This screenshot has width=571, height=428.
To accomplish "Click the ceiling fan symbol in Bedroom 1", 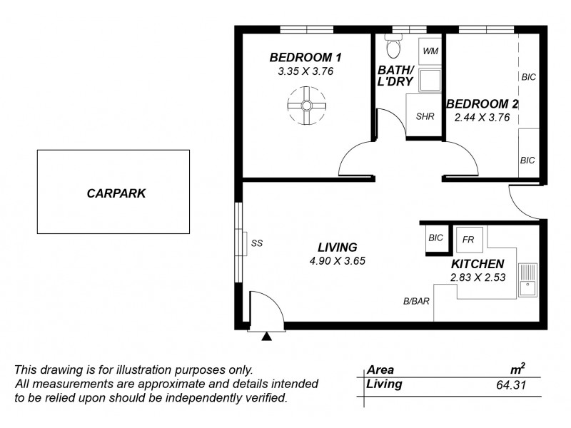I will (x=306, y=106).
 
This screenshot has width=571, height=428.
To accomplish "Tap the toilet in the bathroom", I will (x=393, y=48).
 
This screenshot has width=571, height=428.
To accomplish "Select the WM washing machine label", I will (x=430, y=51).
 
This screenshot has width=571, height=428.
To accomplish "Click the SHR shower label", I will (x=425, y=116).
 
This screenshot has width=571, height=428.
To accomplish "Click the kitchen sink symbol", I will (x=528, y=279).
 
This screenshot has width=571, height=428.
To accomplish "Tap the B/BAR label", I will (x=416, y=301).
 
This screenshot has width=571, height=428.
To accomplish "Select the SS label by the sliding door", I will (x=257, y=243).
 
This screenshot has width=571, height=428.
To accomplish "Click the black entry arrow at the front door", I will (x=267, y=335).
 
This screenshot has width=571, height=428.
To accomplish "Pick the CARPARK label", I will (x=116, y=193).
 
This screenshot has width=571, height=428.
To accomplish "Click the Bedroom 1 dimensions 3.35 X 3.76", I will (x=305, y=71).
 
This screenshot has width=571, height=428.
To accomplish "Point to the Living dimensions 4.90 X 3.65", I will (x=337, y=261).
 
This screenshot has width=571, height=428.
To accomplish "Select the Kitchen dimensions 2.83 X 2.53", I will (x=478, y=277).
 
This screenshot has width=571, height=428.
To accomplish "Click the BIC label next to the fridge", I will (x=435, y=238).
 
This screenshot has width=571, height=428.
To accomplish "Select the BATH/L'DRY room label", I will (x=395, y=76).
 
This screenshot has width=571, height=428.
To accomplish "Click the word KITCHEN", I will (x=477, y=264).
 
